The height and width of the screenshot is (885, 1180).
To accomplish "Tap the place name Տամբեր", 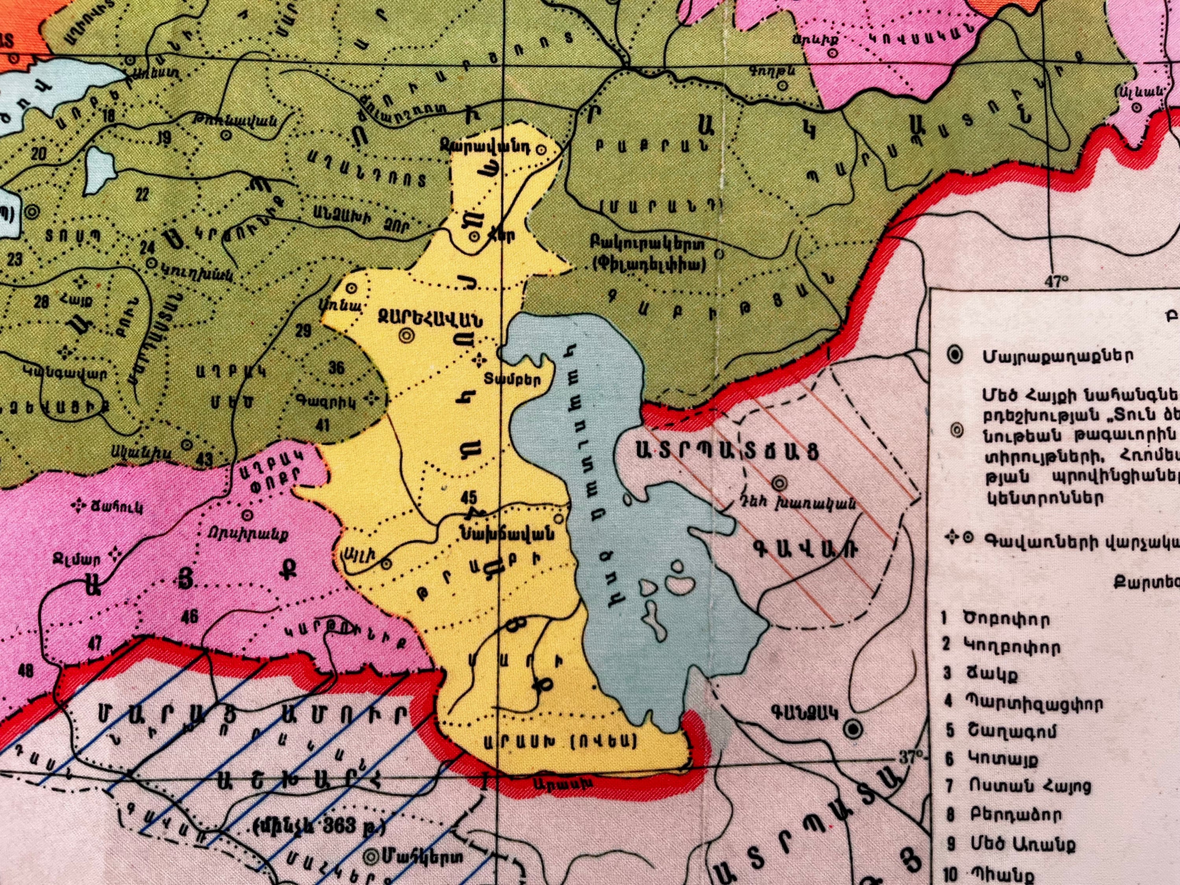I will pyautogui.click(x=513, y=380).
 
